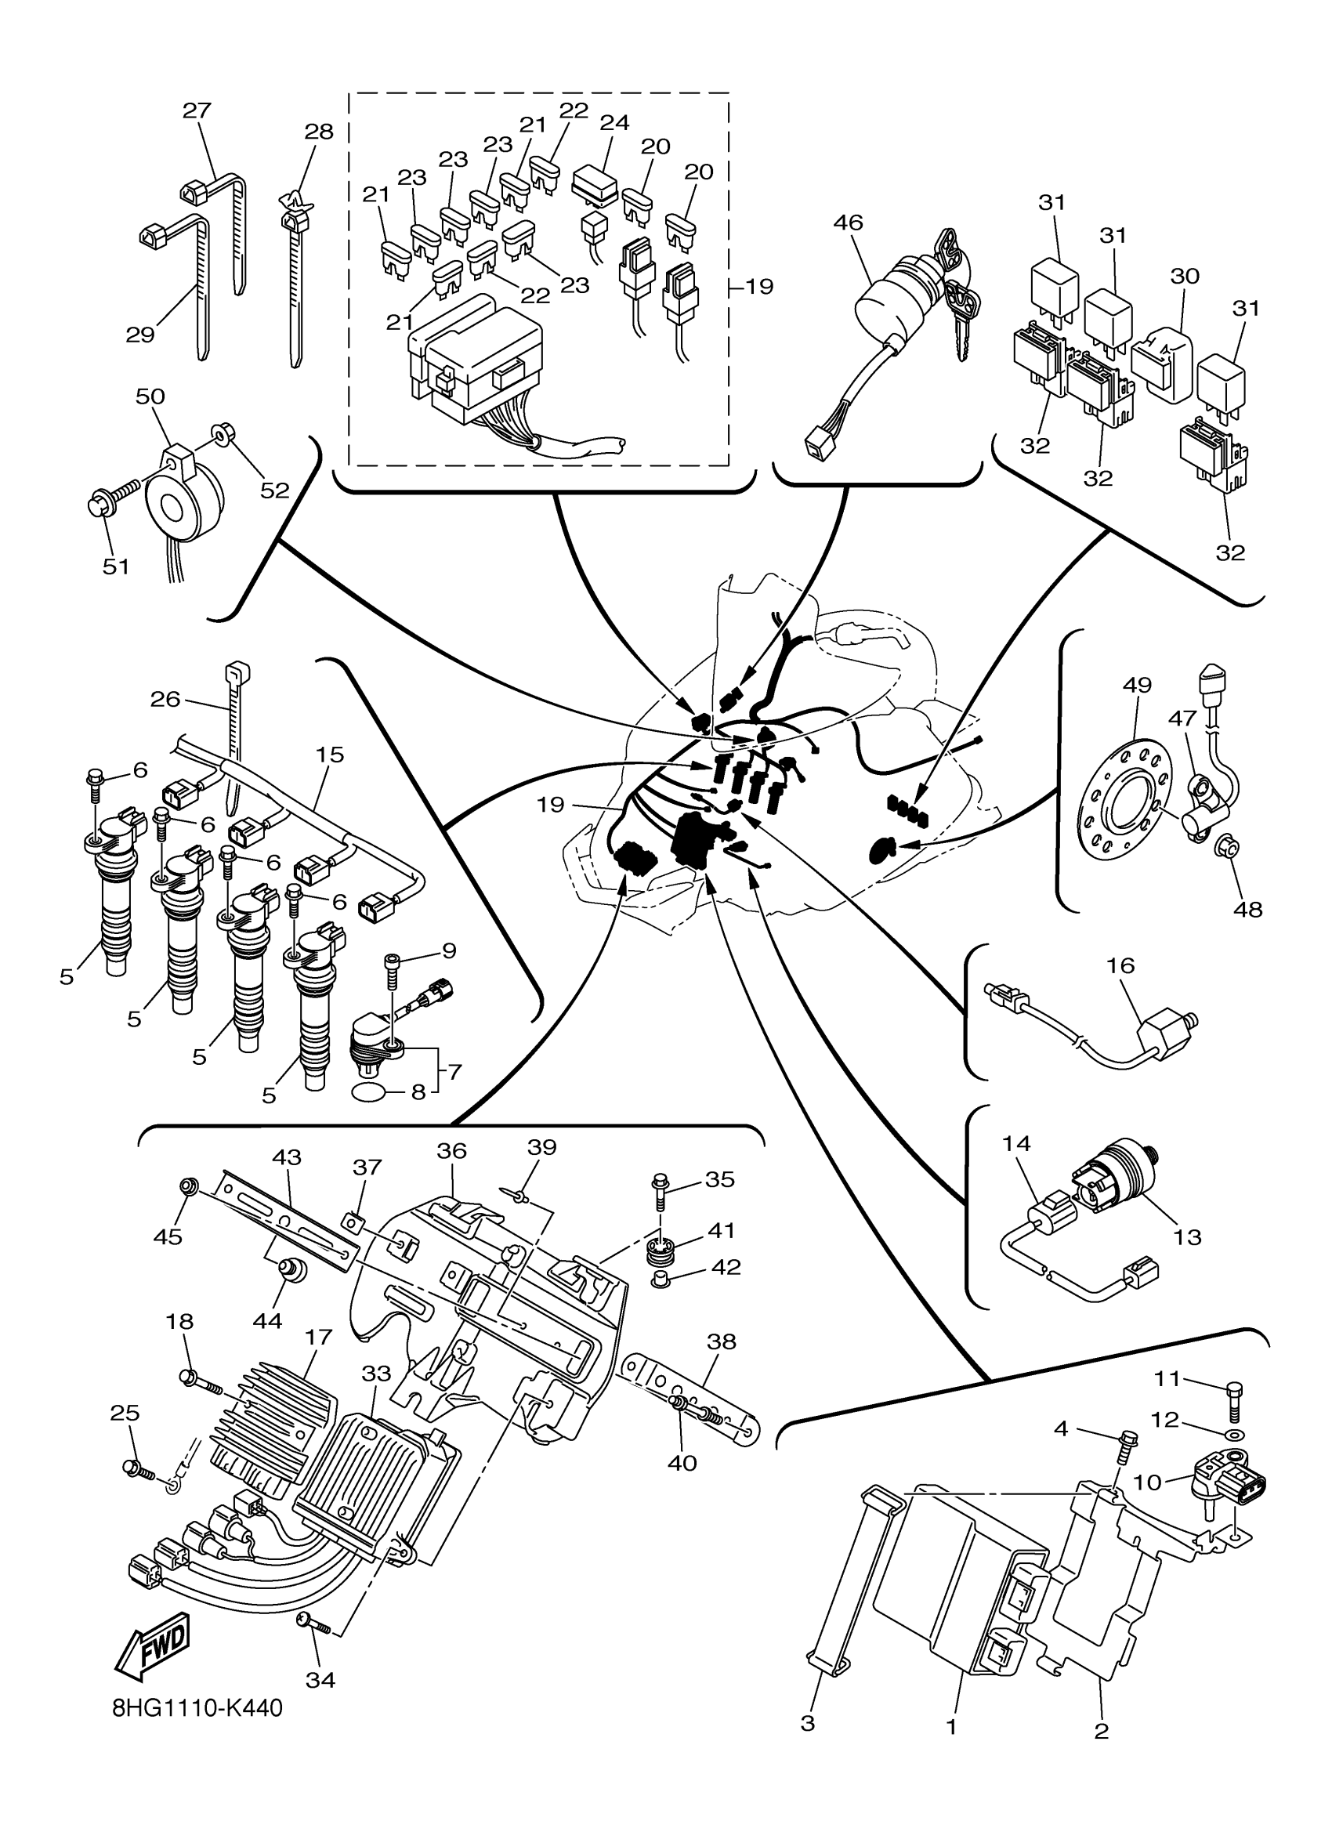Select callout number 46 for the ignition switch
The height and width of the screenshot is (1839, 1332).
tap(848, 223)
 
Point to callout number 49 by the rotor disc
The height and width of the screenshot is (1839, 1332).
tap(1138, 685)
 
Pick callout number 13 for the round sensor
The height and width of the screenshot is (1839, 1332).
tap(1188, 1238)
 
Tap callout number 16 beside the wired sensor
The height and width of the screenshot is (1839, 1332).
tap(1121, 965)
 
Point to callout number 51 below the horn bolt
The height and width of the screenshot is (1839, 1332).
tap(116, 567)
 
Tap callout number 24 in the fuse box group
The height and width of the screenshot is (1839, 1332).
tap(614, 122)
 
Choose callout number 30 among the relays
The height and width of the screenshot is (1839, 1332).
tap(1185, 276)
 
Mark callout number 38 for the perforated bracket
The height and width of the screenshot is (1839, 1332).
tap(722, 1341)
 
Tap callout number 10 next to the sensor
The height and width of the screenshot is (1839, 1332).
tap(1147, 1482)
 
